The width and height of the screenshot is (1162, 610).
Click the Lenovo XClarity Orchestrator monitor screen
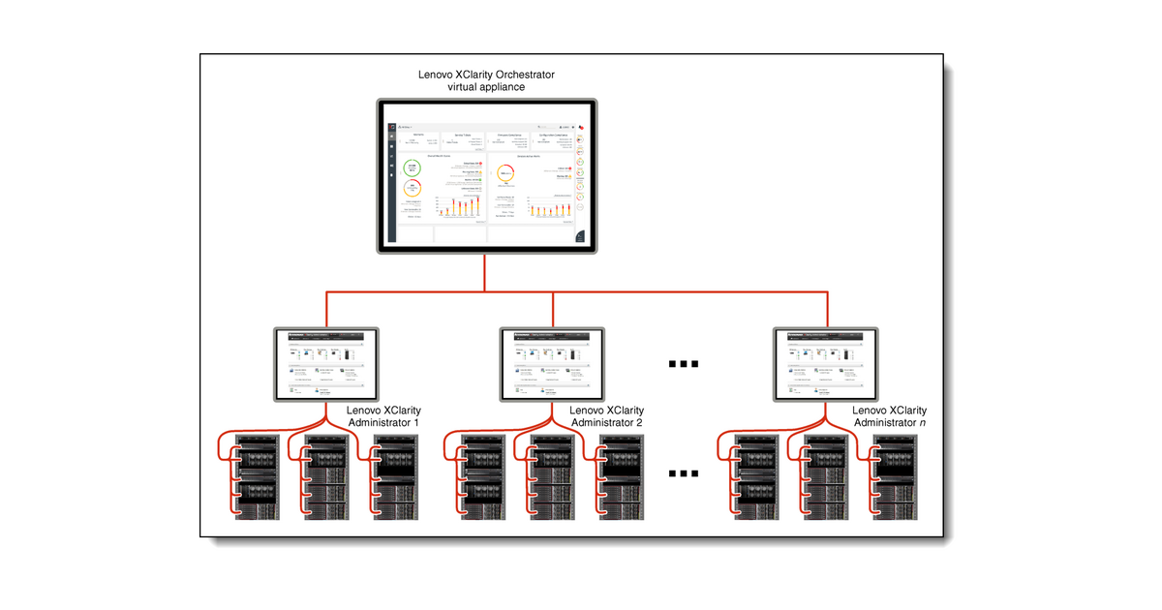486,176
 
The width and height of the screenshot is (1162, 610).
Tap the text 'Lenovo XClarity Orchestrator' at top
486,74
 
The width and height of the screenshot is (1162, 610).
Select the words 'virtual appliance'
486,87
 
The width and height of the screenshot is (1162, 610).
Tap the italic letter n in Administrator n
922,423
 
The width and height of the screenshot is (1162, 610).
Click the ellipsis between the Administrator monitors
684,364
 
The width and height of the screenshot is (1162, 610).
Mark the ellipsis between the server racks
684,473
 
